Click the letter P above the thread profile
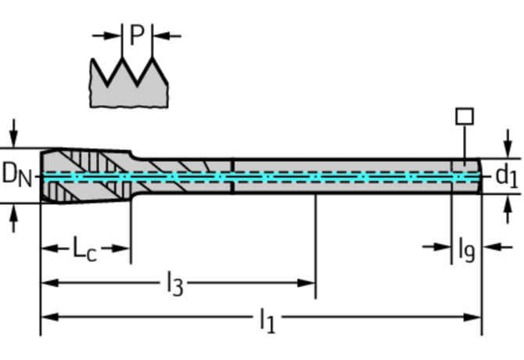coord(137,35)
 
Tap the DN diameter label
coord(16,175)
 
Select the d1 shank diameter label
coord(507,175)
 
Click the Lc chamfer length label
coord(85,250)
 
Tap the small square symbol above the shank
coord(465,116)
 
